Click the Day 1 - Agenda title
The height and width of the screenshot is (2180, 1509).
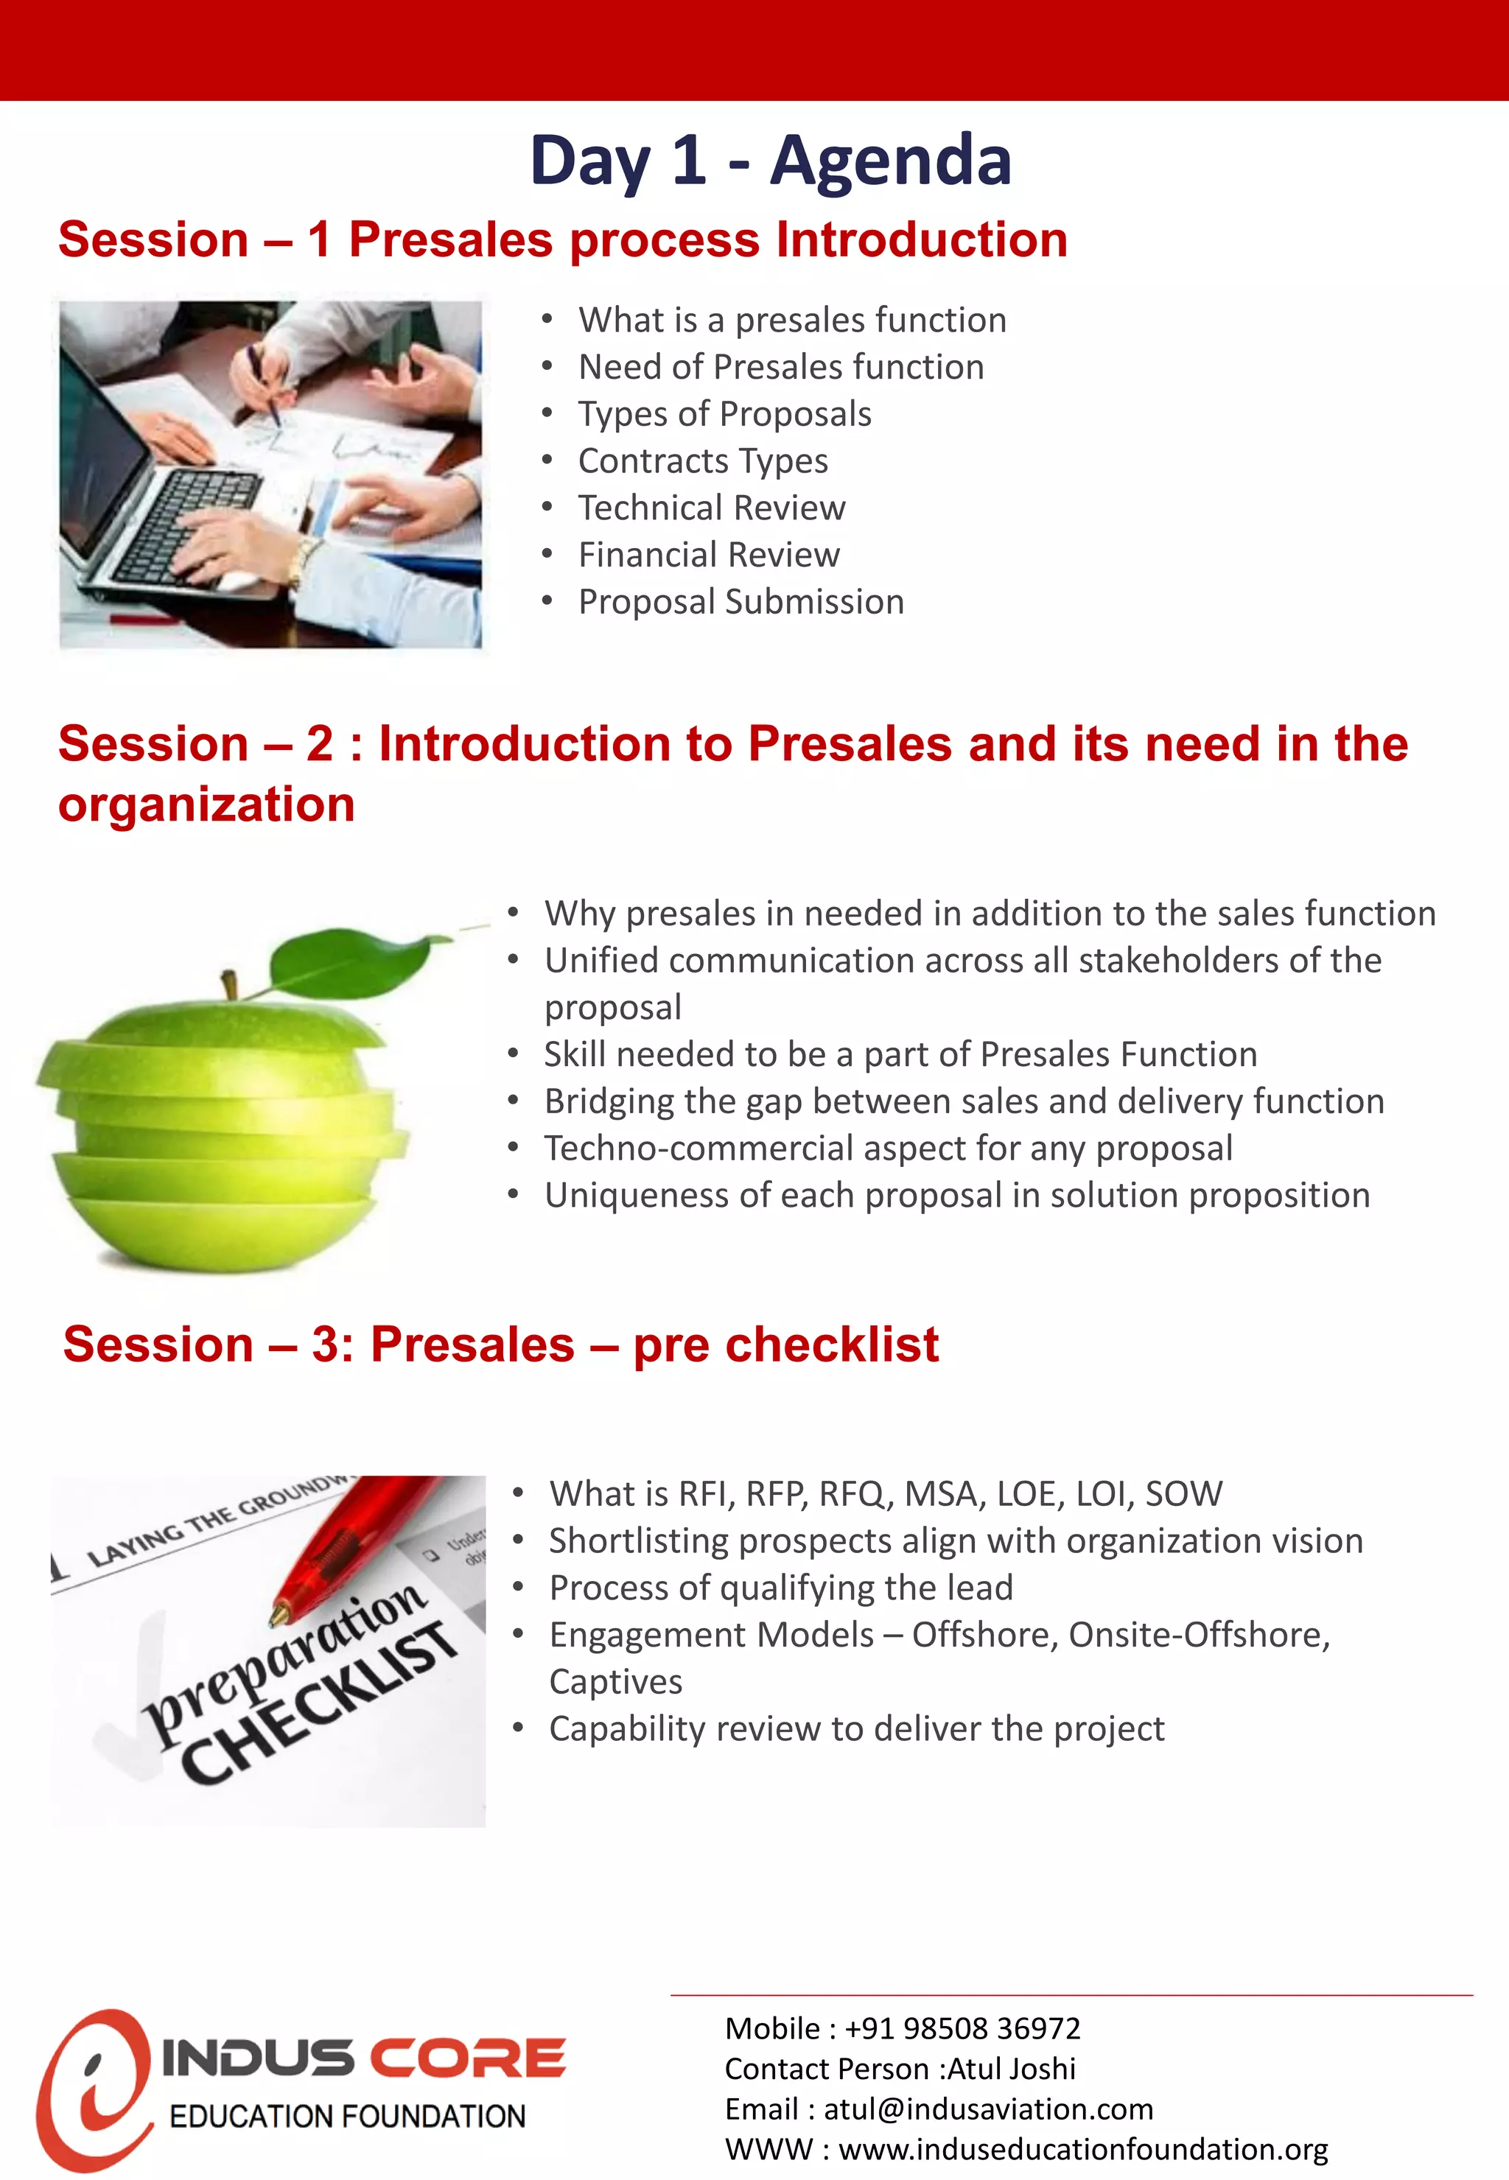click(x=771, y=160)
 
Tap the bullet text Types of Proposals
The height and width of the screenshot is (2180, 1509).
click(x=724, y=414)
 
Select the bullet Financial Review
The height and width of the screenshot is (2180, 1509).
click(x=708, y=555)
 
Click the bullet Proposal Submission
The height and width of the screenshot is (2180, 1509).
click(x=741, y=602)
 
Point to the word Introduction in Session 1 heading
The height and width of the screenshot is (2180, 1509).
click(x=921, y=239)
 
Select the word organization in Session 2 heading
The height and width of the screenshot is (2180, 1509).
click(x=206, y=805)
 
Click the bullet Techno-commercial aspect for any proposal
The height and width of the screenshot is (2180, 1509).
click(x=888, y=1149)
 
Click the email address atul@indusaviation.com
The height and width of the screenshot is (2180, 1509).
click(x=987, y=2110)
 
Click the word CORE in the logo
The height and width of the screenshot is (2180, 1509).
click(x=467, y=2059)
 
